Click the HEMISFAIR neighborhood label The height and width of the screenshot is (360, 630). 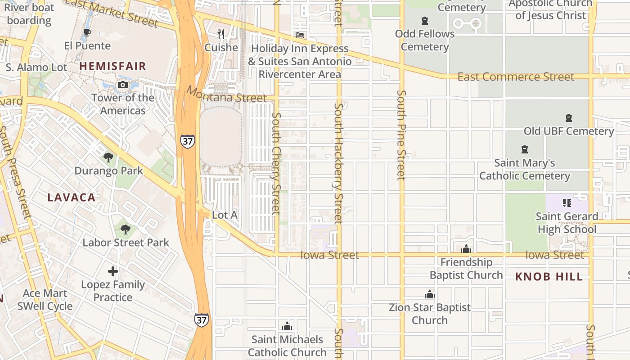pyautogui.click(x=113, y=66)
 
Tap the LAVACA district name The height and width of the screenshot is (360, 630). pyautogui.click(x=72, y=198)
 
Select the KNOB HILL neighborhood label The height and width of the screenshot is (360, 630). pyautogui.click(x=549, y=277)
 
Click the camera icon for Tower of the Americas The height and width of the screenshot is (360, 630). pyautogui.click(x=122, y=85)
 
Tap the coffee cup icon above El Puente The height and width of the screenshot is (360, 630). pyautogui.click(x=87, y=33)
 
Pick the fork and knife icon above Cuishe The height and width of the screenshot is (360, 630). pyautogui.click(x=221, y=34)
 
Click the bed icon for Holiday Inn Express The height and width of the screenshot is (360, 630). pyautogui.click(x=300, y=35)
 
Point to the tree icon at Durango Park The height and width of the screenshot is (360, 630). pyautogui.click(x=108, y=157)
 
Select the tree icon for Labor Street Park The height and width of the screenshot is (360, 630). pyautogui.click(x=126, y=229)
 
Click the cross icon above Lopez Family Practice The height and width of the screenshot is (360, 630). pyautogui.click(x=113, y=271)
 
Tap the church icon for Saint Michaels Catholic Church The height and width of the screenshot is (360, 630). pyautogui.click(x=287, y=326)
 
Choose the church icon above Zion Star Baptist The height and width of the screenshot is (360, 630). pyautogui.click(x=430, y=295)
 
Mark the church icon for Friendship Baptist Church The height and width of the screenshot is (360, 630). pyautogui.click(x=466, y=249)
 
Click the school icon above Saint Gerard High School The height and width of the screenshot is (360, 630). pyautogui.click(x=567, y=203)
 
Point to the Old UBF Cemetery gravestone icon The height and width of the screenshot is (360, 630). pyautogui.click(x=569, y=118)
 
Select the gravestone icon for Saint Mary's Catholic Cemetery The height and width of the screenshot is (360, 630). pyautogui.click(x=524, y=149)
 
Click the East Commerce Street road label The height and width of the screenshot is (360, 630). pyautogui.click(x=516, y=77)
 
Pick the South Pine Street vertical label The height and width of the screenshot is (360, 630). pyautogui.click(x=401, y=135)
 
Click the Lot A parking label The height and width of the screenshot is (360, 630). pyautogui.click(x=225, y=215)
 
